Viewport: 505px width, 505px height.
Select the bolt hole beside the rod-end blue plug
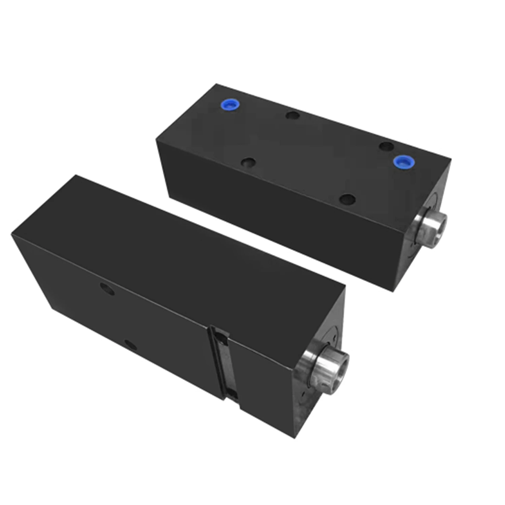pyautogui.click(x=386, y=146)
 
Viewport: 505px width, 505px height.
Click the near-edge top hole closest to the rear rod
pyautogui.click(x=347, y=199)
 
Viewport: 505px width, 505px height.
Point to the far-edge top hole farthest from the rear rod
pyautogui.click(x=292, y=115)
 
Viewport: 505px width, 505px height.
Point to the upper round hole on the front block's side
pyautogui.click(x=107, y=289)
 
